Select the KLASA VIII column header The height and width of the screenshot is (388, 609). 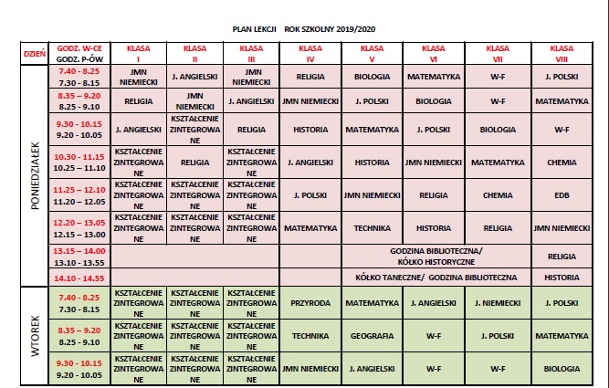[561, 52]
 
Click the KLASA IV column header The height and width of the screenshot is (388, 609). [310, 52]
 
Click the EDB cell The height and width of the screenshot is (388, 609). [561, 194]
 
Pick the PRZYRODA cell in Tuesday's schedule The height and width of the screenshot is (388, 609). [310, 302]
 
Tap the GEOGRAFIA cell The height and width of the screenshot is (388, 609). [372, 335]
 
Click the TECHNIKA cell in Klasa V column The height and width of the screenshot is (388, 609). [372, 227]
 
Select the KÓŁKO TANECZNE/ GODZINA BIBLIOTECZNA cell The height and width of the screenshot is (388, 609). [436, 276]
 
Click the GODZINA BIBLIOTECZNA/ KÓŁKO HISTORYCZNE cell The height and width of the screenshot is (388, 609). [436, 255]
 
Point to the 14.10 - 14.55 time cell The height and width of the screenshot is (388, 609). [79, 276]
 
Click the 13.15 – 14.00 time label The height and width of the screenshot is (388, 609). [80, 250]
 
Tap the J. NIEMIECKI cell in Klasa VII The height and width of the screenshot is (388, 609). [498, 302]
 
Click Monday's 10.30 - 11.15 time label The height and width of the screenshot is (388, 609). [80, 157]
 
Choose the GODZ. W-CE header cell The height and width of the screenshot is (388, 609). [79, 47]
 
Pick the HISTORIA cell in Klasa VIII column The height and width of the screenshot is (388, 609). [561, 276]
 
